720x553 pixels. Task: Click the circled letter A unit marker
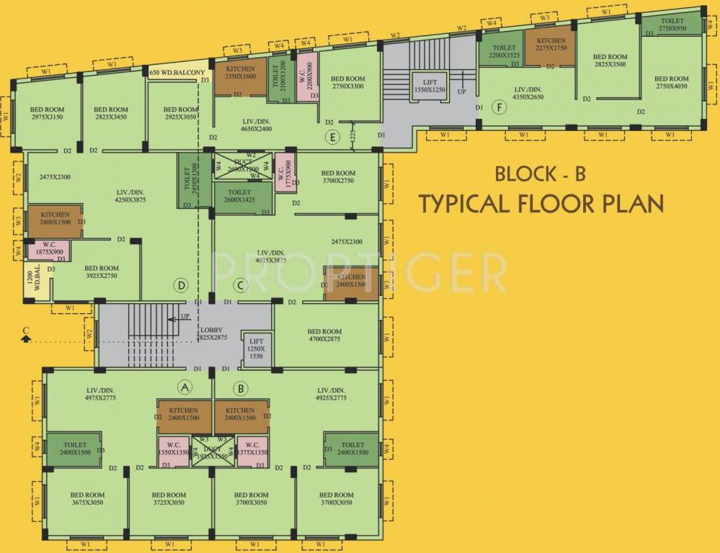pos(185,388)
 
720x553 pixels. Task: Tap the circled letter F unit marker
pos(498,107)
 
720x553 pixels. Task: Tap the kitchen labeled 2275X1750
pos(550,45)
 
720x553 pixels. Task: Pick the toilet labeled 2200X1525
pos(505,50)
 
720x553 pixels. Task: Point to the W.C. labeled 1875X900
pos(49,248)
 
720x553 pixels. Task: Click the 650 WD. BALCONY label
pos(178,73)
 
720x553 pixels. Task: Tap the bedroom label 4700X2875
pos(325,335)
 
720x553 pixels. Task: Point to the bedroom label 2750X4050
pos(672,82)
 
